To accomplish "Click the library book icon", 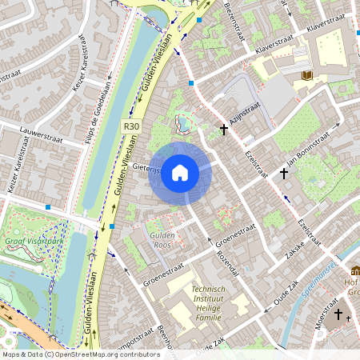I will pos(307,76).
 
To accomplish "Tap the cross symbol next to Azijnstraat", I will pos(224,129).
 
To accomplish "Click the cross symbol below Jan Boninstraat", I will pos(283,173).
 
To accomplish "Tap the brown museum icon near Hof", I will pos(355,271).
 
